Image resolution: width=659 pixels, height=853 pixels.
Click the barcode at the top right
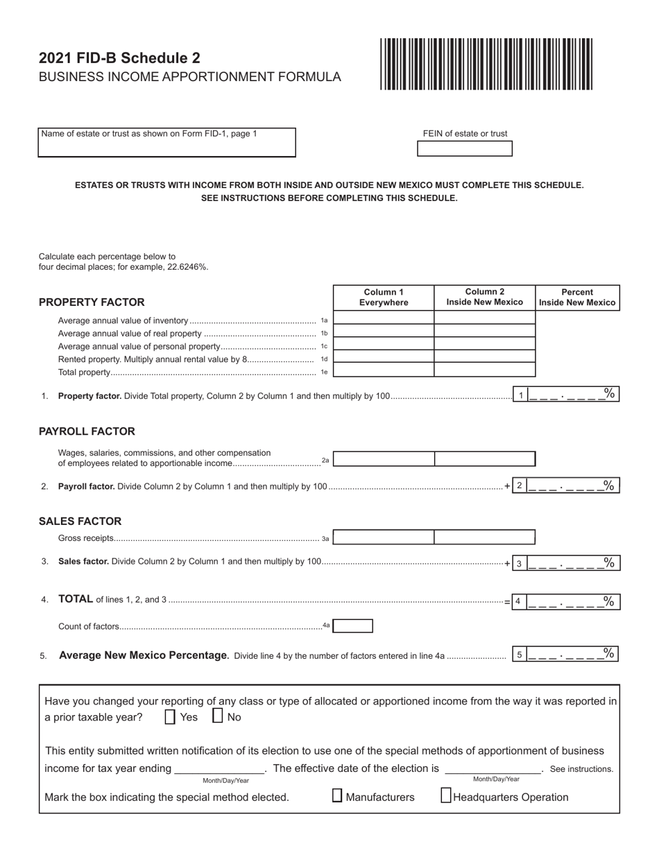[x=486, y=64]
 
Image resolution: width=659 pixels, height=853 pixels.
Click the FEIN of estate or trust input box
[x=464, y=148]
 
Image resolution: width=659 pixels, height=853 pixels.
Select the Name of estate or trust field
[x=166, y=142]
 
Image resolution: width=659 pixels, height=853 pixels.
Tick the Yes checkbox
[x=170, y=717]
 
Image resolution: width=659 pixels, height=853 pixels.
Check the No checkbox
[x=217, y=716]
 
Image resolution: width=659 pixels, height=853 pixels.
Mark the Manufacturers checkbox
[x=337, y=796]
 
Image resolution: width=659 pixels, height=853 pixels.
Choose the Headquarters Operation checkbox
[x=446, y=796]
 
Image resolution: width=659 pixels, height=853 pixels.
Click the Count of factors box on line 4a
[x=353, y=626]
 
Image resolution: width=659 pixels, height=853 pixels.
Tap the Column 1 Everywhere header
[x=384, y=297]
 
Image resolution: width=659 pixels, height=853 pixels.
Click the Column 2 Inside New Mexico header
[x=484, y=297]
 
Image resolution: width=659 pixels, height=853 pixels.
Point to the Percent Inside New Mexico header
[x=577, y=297]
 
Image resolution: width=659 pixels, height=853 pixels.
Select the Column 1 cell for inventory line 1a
[x=384, y=318]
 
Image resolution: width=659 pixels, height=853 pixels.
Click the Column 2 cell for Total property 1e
[x=484, y=370]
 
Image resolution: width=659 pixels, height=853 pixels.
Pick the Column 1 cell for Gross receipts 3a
[x=384, y=537]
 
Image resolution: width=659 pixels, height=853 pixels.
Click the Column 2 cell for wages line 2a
[x=484, y=458]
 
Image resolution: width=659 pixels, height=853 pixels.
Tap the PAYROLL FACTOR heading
[x=87, y=431]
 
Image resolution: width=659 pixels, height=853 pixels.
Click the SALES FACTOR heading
[x=80, y=522]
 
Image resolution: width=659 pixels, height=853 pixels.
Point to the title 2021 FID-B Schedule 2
[x=119, y=58]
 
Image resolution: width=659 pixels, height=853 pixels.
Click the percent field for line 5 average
[x=572, y=654]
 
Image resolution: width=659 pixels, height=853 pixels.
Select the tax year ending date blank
[x=219, y=768]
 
